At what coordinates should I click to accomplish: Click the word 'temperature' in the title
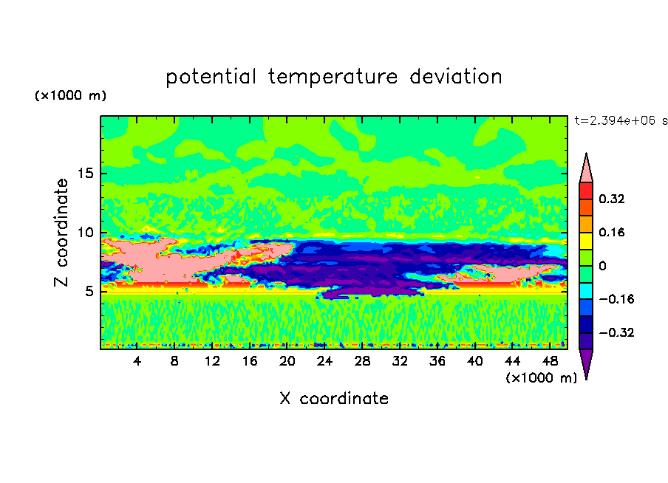333,77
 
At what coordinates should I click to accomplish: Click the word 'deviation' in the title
456,76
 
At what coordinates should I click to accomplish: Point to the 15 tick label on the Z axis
85,174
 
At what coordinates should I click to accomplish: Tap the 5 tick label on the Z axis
89,291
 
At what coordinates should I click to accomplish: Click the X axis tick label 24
324,361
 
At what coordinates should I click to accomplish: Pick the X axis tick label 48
550,361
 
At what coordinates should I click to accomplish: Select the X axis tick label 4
137,361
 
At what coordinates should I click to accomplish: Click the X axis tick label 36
437,361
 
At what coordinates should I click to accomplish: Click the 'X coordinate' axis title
334,398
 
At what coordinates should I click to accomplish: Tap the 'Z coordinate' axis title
61,232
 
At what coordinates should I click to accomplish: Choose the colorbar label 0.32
611,199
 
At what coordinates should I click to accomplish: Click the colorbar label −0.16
616,299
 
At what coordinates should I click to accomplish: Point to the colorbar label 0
602,266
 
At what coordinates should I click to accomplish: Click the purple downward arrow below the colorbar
586,363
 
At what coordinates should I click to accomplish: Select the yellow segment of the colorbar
586,241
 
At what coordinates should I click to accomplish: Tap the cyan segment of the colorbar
586,291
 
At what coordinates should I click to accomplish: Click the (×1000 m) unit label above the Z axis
70,95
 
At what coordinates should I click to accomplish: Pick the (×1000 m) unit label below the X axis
541,378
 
